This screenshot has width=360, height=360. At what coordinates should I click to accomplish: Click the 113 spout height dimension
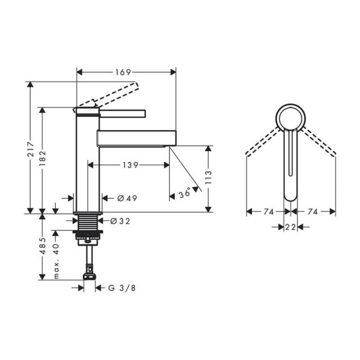click(208, 176)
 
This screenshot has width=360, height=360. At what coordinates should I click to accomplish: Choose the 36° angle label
click(185, 193)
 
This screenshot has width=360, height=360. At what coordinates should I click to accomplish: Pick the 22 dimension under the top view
click(291, 227)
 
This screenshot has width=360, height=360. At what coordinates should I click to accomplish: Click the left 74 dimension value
click(268, 211)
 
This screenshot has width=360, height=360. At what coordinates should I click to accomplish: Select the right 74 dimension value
click(314, 211)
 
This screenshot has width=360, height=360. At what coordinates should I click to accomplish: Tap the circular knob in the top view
click(291, 116)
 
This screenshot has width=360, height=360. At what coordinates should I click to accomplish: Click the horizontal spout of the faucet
click(135, 136)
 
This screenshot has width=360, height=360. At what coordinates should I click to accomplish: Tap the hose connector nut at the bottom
click(89, 277)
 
